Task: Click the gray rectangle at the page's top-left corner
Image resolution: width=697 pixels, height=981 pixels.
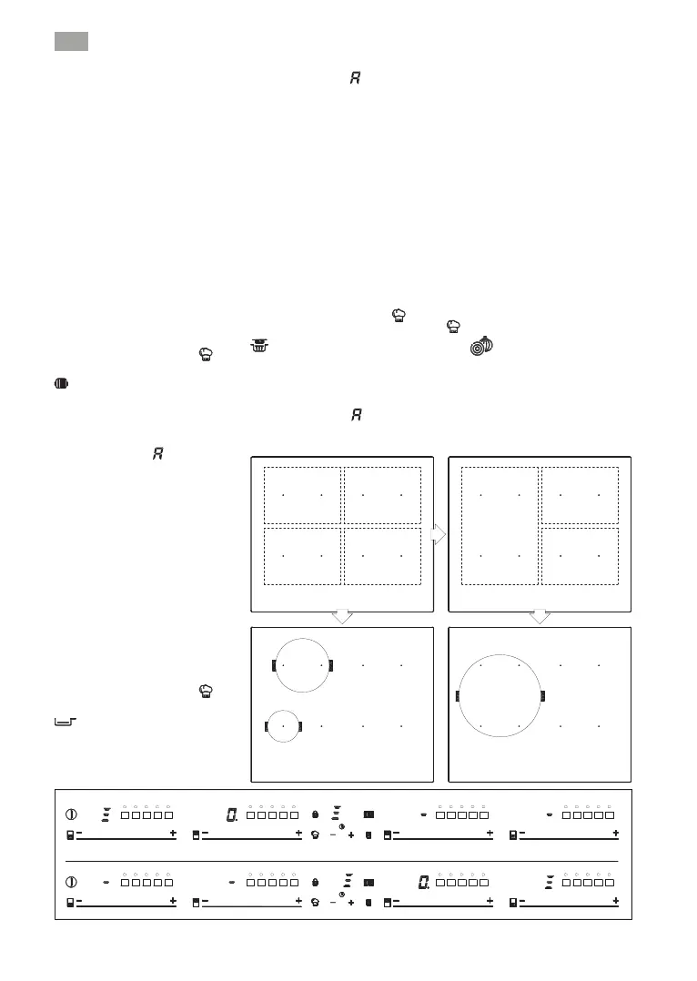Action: click(69, 41)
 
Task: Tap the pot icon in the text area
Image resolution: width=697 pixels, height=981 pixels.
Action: click(260, 346)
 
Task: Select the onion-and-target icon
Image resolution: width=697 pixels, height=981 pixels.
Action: click(480, 346)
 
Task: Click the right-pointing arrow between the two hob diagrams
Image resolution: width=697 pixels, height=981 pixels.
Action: click(439, 534)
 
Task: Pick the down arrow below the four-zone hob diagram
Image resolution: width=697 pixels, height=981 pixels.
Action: click(342, 617)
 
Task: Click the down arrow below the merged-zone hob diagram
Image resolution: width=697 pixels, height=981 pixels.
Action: click(540, 617)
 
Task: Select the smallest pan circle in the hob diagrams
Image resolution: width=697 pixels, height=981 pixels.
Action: click(283, 725)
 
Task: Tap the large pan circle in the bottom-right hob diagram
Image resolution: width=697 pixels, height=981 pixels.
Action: click(500, 697)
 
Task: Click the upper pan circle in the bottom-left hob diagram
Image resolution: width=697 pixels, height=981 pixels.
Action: click(303, 665)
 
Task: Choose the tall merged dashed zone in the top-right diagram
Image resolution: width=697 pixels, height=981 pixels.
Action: click(500, 526)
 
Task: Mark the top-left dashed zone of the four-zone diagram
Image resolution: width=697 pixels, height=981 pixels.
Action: click(302, 495)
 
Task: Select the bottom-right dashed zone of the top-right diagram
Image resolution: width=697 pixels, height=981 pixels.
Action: click(580, 556)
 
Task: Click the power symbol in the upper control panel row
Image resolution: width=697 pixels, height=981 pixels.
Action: click(71, 814)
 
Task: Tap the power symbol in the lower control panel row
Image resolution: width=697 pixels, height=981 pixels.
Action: click(71, 882)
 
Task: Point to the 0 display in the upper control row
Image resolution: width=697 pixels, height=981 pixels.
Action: click(231, 814)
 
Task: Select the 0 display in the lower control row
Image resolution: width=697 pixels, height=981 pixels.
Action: click(423, 882)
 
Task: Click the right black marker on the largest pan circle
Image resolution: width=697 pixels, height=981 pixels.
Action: click(542, 696)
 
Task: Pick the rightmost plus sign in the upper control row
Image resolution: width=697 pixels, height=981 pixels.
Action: click(616, 834)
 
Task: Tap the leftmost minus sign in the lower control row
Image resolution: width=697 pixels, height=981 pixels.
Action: click(79, 901)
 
